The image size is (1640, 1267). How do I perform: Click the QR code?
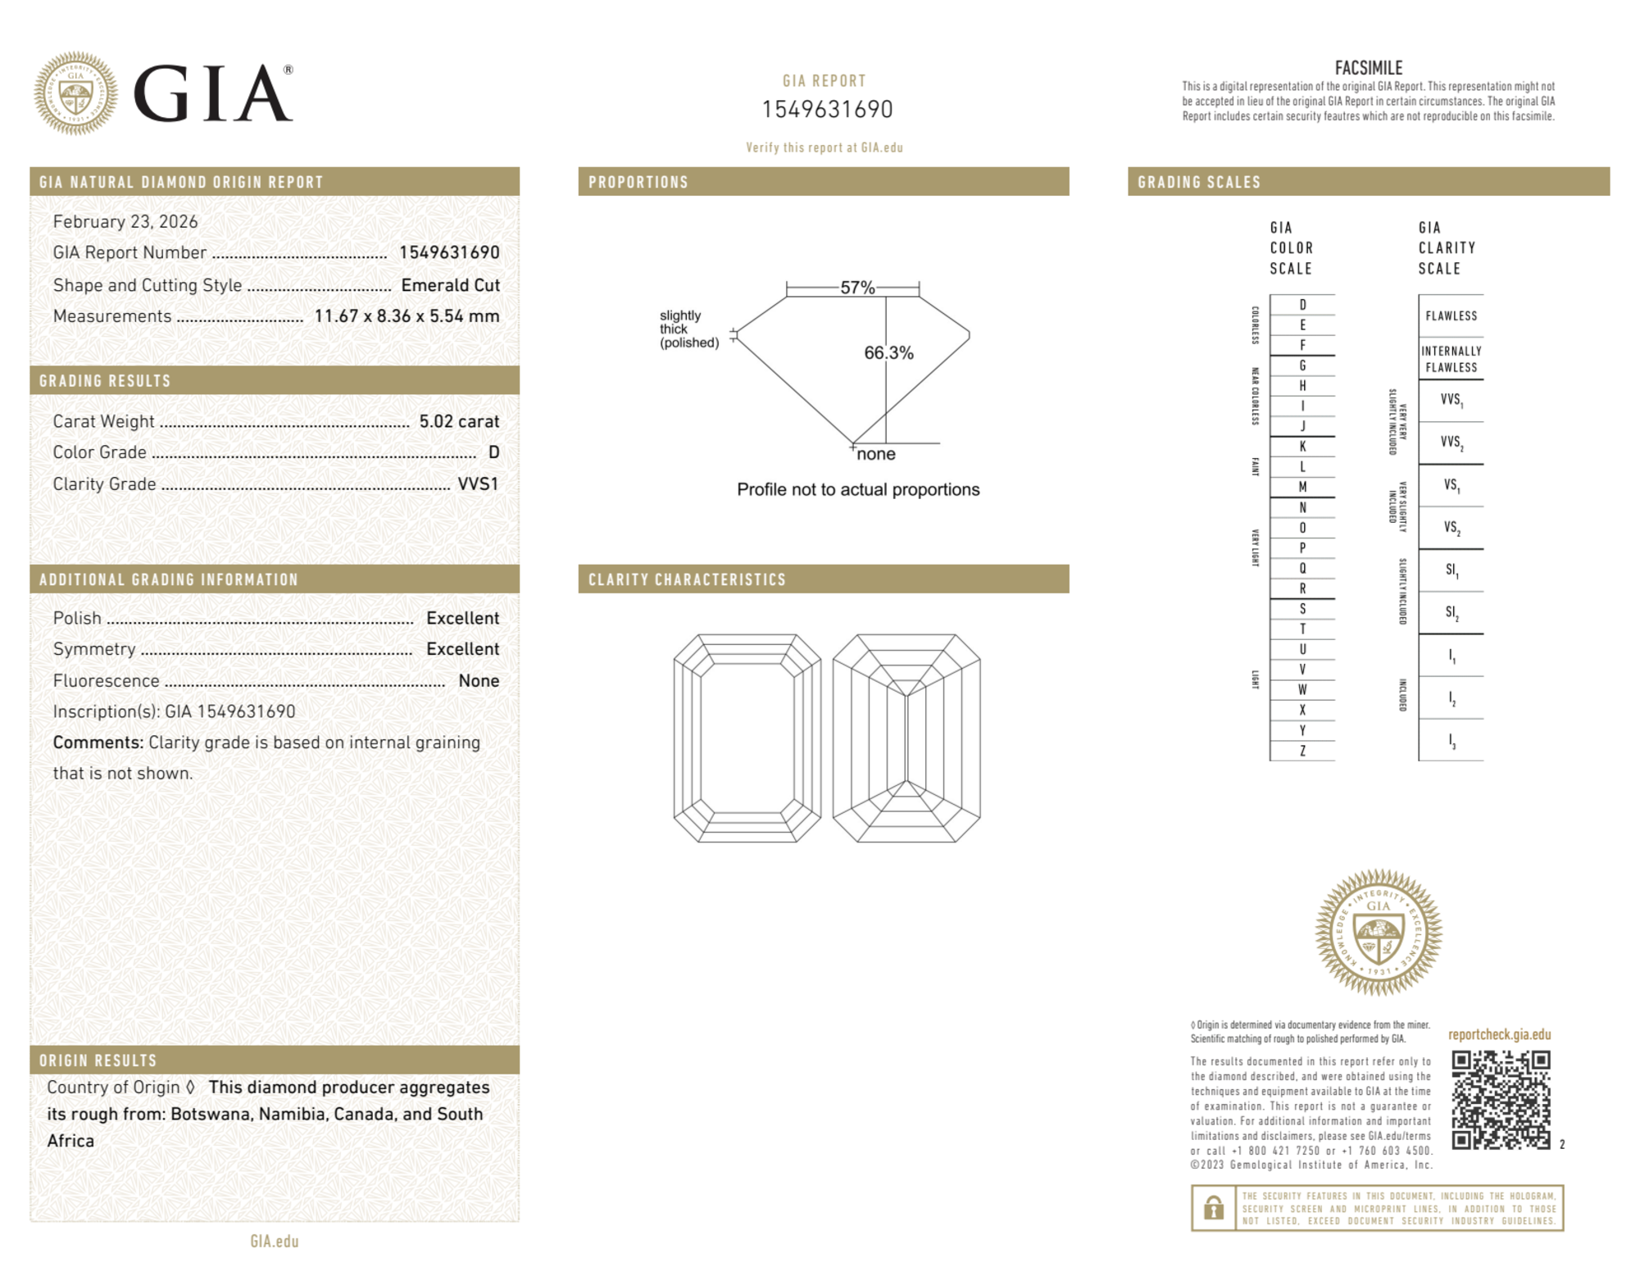click(x=1500, y=1100)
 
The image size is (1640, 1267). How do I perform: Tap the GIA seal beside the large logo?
click(x=75, y=93)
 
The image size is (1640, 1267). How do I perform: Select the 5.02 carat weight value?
click(x=459, y=421)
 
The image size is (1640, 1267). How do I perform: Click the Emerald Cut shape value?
click(x=450, y=285)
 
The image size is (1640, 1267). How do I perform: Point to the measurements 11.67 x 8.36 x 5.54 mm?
click(x=407, y=316)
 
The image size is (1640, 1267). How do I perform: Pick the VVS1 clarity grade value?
click(x=478, y=484)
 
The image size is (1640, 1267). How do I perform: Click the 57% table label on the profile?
click(x=857, y=288)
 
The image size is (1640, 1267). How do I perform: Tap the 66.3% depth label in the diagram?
click(x=888, y=353)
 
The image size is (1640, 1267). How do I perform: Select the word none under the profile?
click(x=876, y=454)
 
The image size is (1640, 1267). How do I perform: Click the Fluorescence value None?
click(x=479, y=681)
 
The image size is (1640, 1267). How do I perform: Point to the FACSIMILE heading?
click(x=1368, y=68)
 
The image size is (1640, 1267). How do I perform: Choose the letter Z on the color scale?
click(x=1302, y=751)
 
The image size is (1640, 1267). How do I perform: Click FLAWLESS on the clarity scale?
click(x=1451, y=316)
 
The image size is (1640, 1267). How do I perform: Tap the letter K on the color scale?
click(x=1302, y=447)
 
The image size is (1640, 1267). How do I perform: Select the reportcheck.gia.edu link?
click(x=1499, y=1034)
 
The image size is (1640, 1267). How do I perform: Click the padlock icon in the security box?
click(x=1213, y=1207)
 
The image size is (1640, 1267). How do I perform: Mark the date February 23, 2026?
click(x=125, y=222)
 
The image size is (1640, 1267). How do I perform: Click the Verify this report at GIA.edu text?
click(x=824, y=148)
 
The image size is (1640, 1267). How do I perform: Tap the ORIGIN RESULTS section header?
click(x=98, y=1060)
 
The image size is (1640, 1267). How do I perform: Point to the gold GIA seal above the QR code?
click(x=1379, y=933)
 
